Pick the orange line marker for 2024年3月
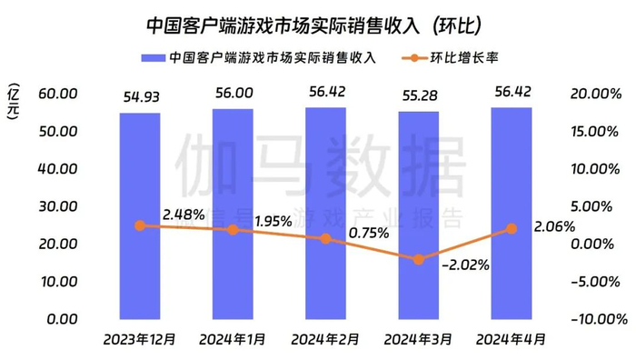pyautogui.click(x=418, y=259)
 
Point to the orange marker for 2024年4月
pyautogui.click(x=512, y=229)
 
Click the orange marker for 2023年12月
pyautogui.click(x=139, y=225)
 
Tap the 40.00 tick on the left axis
pyautogui.click(x=57, y=169)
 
